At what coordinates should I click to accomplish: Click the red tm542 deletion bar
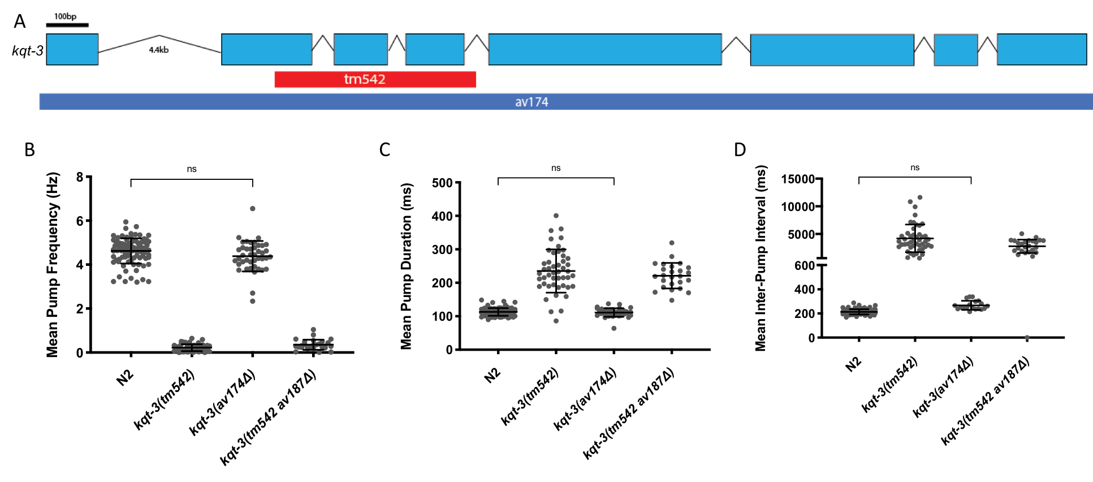click(x=374, y=79)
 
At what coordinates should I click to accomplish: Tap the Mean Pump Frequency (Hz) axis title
click(x=53, y=264)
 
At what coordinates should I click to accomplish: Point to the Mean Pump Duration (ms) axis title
click(x=406, y=266)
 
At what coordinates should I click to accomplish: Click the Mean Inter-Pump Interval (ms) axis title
click(x=761, y=258)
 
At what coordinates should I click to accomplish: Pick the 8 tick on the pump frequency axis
click(x=80, y=177)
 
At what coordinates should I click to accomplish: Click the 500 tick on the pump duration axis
click(x=442, y=183)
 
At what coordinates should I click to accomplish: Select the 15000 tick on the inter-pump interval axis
click(x=797, y=179)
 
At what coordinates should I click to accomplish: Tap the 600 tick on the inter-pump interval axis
click(x=804, y=265)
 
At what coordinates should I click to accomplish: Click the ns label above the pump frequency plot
click(x=192, y=169)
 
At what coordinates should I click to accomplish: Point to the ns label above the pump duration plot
click(x=556, y=168)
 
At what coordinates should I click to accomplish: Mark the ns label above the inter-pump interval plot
click(x=915, y=167)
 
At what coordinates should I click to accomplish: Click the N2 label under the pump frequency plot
click(x=125, y=377)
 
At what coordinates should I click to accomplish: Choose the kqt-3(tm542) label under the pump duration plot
click(x=530, y=396)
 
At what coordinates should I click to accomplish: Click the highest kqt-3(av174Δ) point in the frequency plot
click(x=252, y=209)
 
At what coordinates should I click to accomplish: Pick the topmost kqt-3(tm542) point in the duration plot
click(x=556, y=216)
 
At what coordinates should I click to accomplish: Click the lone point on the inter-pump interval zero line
click(x=1027, y=338)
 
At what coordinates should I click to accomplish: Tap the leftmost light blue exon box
click(x=72, y=49)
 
